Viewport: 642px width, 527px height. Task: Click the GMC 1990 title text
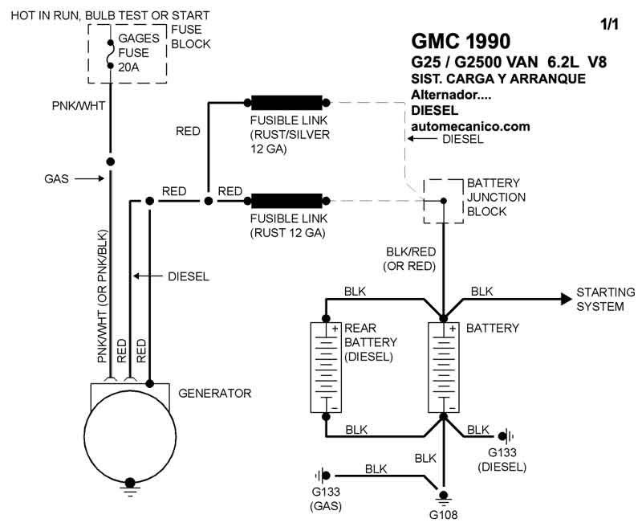point(460,40)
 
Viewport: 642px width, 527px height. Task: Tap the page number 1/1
point(610,24)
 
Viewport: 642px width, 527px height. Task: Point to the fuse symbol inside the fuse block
point(110,53)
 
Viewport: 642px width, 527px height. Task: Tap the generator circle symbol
point(128,438)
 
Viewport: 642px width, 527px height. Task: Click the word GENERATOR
point(214,394)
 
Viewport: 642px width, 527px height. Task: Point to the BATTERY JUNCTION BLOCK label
point(496,197)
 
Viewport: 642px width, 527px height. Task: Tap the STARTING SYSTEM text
point(605,299)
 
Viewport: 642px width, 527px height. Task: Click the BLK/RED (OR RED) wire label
point(410,258)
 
